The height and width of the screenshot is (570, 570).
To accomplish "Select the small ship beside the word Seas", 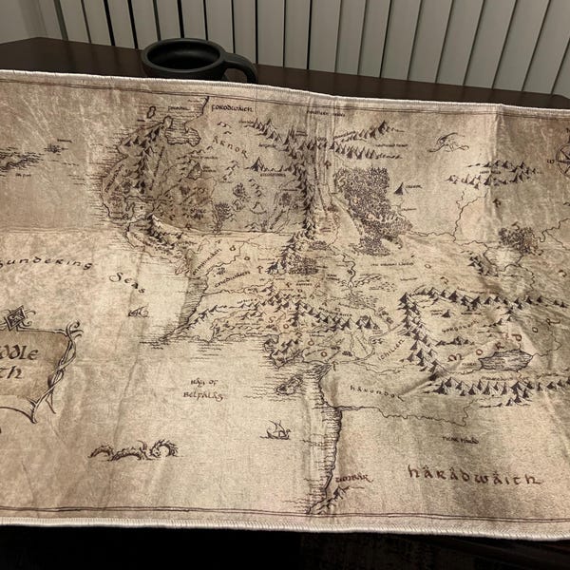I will coord(139,310).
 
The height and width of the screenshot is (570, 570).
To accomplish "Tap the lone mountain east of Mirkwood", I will coord(400,189).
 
